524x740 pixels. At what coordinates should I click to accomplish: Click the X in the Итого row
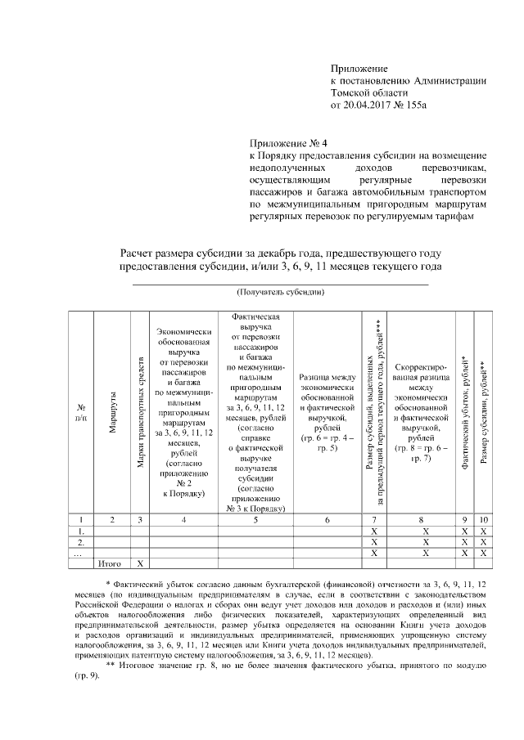tap(141, 563)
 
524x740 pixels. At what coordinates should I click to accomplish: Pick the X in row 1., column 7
tap(373, 530)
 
